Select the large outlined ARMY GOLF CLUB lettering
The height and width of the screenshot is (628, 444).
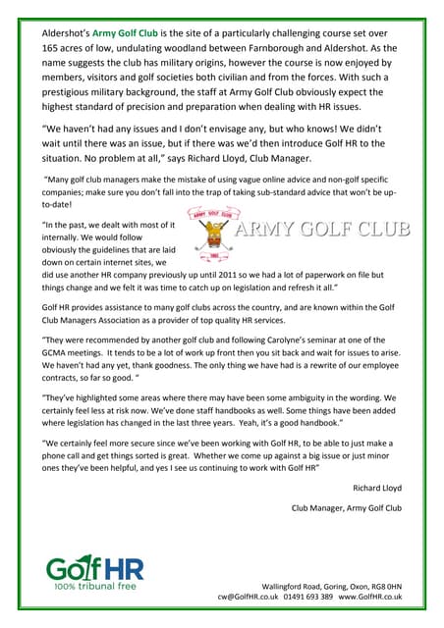321,232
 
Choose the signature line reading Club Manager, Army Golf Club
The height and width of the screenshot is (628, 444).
347,508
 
